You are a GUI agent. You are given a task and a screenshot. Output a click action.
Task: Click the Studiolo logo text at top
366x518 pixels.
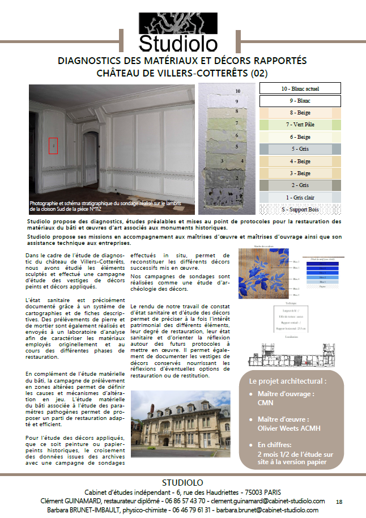point(178,43)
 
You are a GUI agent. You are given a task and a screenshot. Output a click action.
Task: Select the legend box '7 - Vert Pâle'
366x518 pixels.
point(300,124)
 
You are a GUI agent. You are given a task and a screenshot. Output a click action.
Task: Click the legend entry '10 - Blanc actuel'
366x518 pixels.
point(300,88)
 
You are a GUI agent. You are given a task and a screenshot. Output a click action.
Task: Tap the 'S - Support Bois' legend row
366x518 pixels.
point(300,209)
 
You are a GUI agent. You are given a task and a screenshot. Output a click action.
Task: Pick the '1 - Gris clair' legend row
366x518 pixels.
point(300,197)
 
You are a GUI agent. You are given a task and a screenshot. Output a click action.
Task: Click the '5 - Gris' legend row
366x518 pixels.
point(300,148)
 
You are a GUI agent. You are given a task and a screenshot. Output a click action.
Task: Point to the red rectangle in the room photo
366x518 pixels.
point(53,146)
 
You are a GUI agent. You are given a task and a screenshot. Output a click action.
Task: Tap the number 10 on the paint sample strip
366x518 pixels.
point(237,91)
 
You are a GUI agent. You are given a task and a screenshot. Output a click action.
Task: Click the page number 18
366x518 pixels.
point(339,502)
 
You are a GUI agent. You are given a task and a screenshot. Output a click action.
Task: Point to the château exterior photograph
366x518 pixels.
point(180,424)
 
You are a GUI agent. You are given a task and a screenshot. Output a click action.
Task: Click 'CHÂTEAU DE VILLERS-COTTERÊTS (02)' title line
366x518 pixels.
point(182,73)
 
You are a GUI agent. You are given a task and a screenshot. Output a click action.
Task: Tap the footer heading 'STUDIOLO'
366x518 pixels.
point(182,482)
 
